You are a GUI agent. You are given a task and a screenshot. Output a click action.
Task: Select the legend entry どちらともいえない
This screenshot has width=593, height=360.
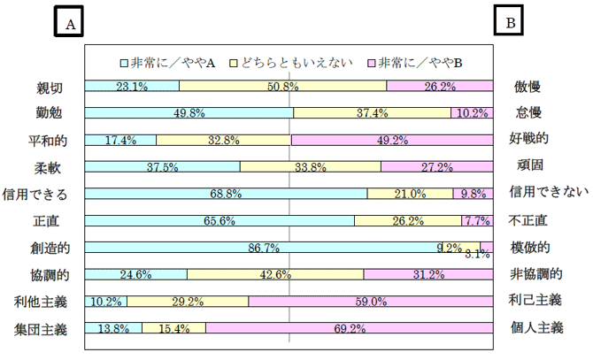tap(293, 63)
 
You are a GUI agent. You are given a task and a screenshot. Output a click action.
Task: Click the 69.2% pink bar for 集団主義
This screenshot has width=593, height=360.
tap(350, 328)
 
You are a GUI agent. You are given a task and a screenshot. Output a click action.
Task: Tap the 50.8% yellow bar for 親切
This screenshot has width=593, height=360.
tap(282, 87)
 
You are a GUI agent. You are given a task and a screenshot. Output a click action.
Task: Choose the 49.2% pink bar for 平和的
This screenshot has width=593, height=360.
tap(391, 140)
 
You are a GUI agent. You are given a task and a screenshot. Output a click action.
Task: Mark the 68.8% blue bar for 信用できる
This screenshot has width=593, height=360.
tap(226, 194)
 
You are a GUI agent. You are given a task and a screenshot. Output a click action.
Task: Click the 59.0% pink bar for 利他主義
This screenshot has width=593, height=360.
tap(371, 302)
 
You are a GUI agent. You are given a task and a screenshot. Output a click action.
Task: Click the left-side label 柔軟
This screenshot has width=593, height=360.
tap(46, 167)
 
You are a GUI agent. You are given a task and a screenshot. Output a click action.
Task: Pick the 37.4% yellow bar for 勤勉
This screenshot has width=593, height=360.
tap(372, 113)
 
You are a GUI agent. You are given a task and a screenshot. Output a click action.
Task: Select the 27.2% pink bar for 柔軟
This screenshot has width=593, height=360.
tap(436, 167)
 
